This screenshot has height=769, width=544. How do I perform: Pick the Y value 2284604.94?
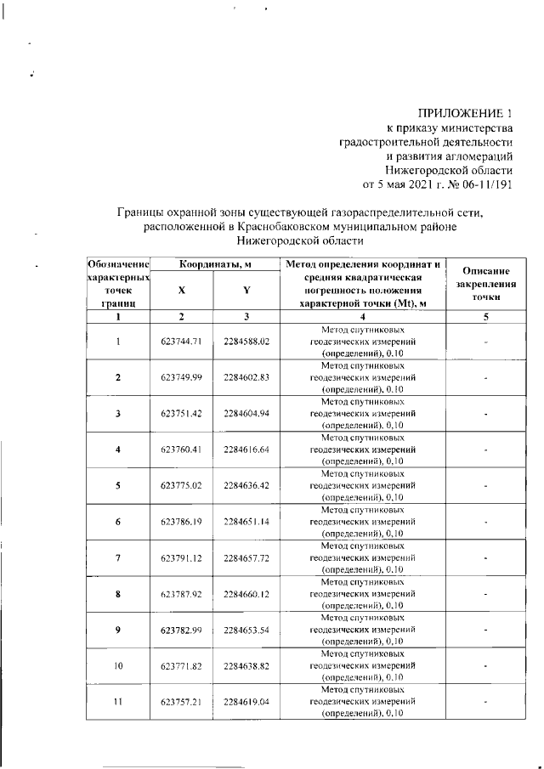(x=246, y=414)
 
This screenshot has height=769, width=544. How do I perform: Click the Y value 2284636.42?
(x=246, y=486)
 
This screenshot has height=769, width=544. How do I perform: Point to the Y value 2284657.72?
(x=246, y=558)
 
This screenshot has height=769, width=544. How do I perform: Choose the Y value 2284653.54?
(x=246, y=630)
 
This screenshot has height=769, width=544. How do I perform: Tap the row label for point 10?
(x=118, y=666)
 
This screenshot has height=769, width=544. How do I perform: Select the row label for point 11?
(x=118, y=703)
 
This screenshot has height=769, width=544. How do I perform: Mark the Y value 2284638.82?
(x=246, y=666)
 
